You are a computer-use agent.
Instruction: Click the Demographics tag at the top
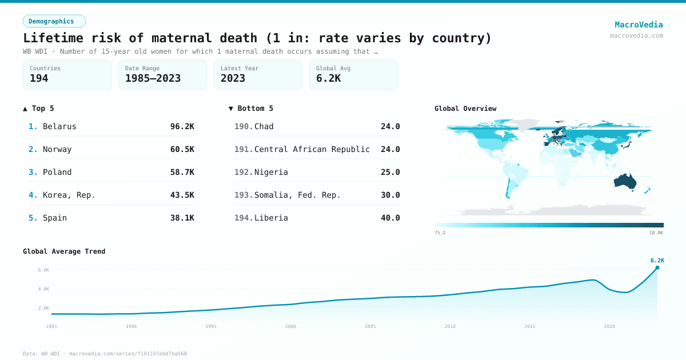[54, 21]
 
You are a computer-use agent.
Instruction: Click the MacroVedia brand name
[639, 25]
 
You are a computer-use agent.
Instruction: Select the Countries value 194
[39, 78]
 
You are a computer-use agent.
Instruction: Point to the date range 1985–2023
[153, 78]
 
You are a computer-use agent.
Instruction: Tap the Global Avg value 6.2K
[328, 78]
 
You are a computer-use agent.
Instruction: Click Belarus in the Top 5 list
[59, 126]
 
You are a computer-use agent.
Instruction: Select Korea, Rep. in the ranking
[69, 195]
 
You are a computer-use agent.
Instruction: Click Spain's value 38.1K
[182, 218]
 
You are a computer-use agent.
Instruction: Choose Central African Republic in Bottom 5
[312, 149]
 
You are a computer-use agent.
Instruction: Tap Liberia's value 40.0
[390, 218]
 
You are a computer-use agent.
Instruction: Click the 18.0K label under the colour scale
[656, 233]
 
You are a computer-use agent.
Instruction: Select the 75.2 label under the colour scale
[440, 233]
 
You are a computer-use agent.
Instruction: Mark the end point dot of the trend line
[657, 267]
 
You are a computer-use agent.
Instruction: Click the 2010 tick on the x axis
[450, 326]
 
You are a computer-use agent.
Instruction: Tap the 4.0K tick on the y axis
[43, 289]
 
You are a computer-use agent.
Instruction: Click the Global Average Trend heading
[64, 251]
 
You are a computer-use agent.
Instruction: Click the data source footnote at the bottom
[105, 354]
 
